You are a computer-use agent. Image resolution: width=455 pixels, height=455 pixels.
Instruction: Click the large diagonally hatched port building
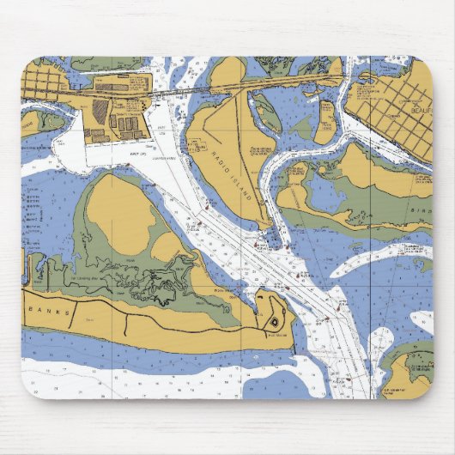click(x=100, y=111)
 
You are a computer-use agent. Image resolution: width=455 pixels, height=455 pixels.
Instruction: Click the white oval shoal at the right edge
click(x=422, y=322)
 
